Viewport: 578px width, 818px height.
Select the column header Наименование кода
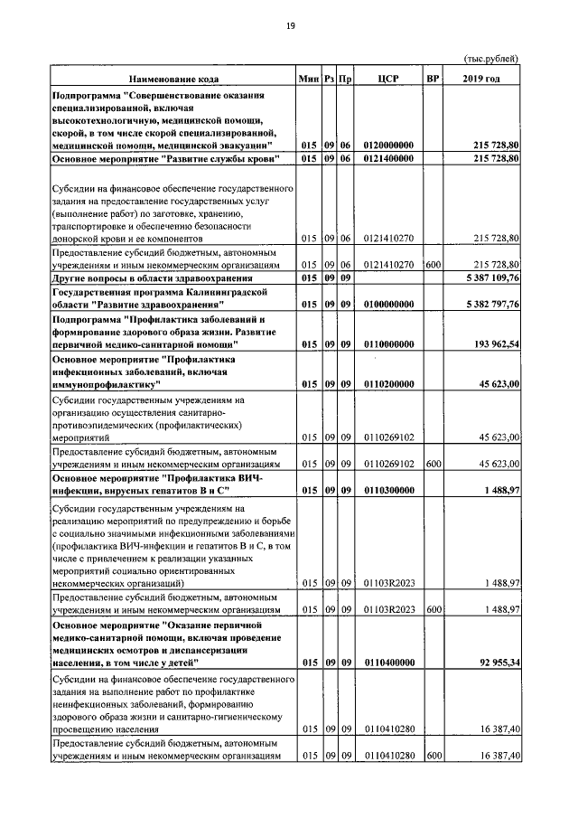click(172, 79)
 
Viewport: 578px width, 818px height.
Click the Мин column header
click(309, 79)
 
